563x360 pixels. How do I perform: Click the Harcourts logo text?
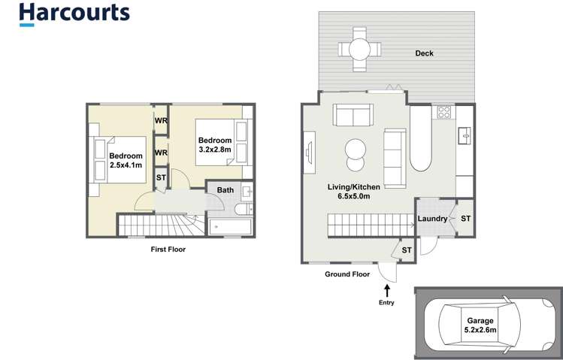tap(74, 13)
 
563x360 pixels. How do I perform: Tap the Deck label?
tap(425, 53)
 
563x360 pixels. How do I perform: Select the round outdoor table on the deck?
tap(357, 50)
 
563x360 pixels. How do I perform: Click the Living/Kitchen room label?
tap(354, 192)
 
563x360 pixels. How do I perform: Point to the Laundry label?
tap(433, 219)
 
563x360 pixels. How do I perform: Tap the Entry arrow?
tap(388, 291)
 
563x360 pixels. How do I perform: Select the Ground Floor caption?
tap(347, 274)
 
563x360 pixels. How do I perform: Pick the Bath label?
tap(226, 190)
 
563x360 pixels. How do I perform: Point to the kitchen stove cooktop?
tap(443, 113)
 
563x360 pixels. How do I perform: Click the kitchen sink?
tap(465, 137)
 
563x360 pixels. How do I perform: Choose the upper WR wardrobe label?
tap(161, 121)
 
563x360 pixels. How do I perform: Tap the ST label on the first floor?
tap(161, 177)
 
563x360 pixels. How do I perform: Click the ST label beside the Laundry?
tap(465, 219)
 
